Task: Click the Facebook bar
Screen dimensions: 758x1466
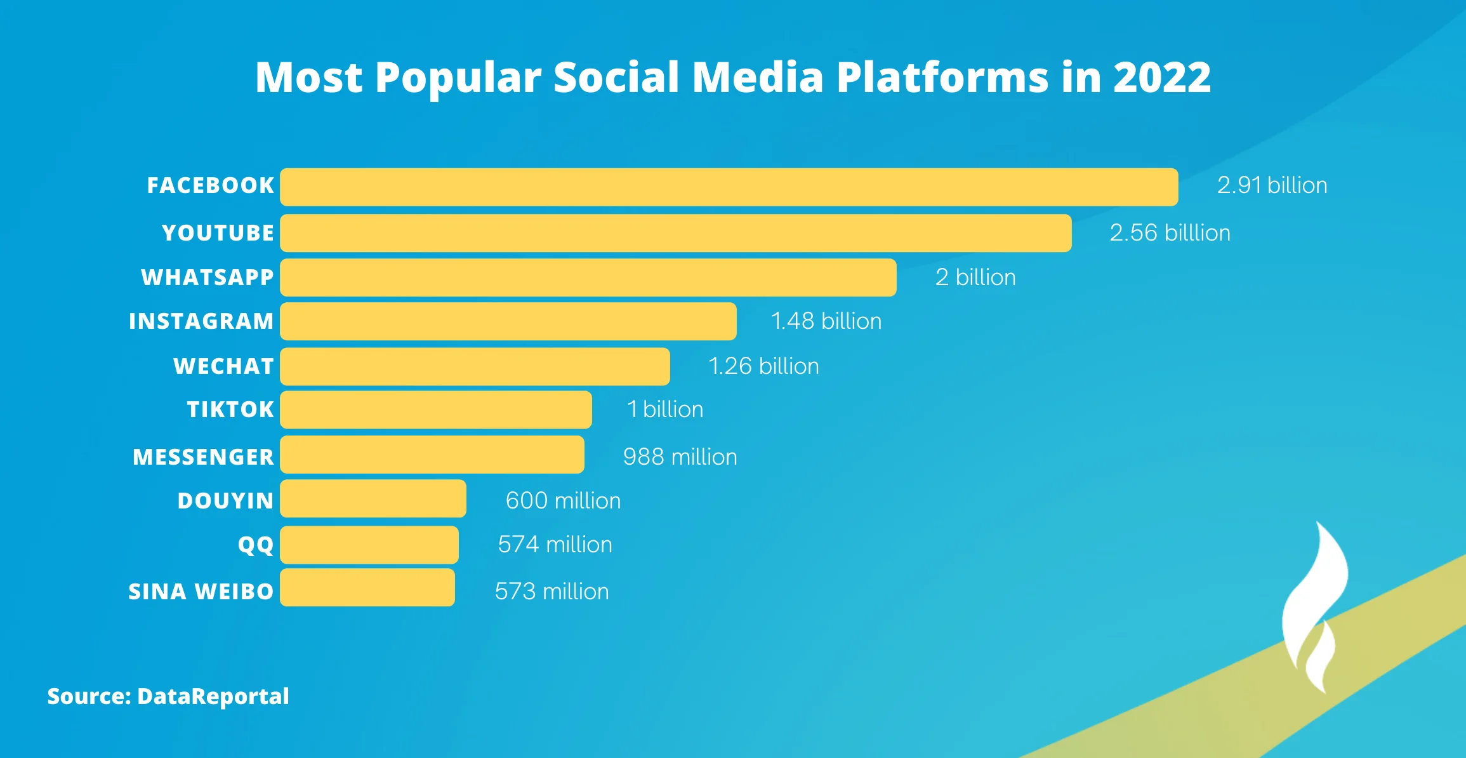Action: pyautogui.click(x=729, y=187)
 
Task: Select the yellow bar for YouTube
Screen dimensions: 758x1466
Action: pyautogui.click(x=675, y=233)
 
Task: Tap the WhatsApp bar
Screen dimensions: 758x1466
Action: pyautogui.click(x=588, y=277)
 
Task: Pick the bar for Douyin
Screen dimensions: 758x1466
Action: pyautogui.click(x=373, y=498)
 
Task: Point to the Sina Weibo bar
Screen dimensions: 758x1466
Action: pyautogui.click(x=367, y=588)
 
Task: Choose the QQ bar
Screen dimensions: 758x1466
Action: pyautogui.click(x=369, y=545)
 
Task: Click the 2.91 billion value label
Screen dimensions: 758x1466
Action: pyautogui.click(x=1272, y=185)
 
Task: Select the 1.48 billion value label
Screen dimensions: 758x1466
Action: pyautogui.click(x=826, y=321)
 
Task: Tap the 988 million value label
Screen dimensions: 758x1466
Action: pyautogui.click(x=680, y=457)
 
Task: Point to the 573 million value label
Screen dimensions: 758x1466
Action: pyautogui.click(x=551, y=592)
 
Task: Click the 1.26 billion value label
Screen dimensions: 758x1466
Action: pyautogui.click(x=763, y=366)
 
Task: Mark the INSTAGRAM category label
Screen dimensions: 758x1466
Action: pyautogui.click(x=201, y=321)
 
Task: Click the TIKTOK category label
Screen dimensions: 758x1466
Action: pyautogui.click(x=230, y=409)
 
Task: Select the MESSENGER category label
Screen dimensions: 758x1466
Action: pyautogui.click(x=203, y=457)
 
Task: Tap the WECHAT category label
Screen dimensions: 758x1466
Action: pyautogui.click(x=223, y=366)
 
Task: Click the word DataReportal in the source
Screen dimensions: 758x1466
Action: pyautogui.click(x=213, y=696)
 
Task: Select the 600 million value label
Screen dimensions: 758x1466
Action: pyautogui.click(x=563, y=501)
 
